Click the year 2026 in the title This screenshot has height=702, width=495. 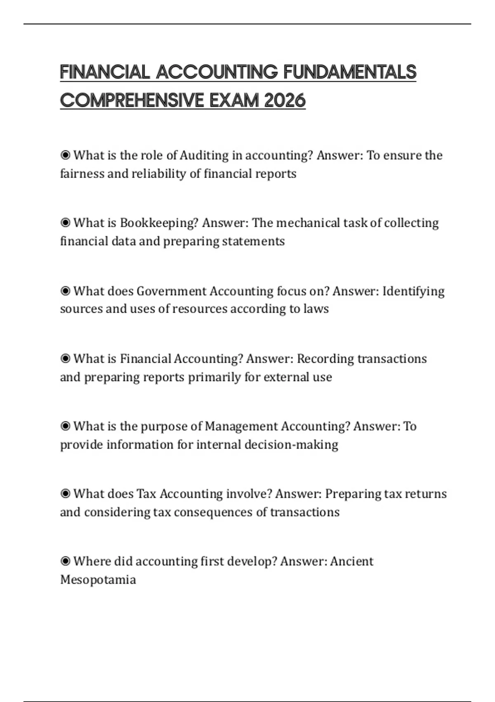point(285,100)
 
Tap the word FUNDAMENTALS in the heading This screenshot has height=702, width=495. point(350,72)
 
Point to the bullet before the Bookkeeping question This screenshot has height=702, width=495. point(65,223)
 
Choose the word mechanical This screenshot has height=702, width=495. point(309,223)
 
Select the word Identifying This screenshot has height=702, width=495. point(413,291)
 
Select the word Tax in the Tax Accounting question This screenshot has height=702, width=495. point(146,494)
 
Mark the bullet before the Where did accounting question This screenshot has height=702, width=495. point(65,561)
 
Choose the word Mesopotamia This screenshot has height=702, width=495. point(98,580)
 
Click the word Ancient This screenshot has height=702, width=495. point(351,561)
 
